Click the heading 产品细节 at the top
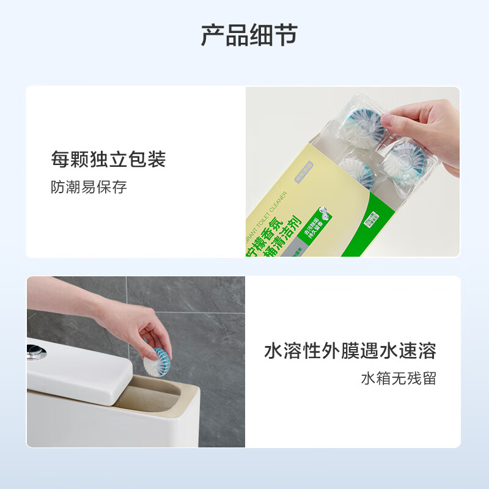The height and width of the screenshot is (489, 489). click(x=249, y=36)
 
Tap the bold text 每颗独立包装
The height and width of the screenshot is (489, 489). click(x=108, y=160)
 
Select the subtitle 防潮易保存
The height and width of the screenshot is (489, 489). click(x=89, y=187)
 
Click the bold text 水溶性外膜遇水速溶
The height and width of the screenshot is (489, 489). click(x=350, y=351)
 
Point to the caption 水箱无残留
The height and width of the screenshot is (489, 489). click(x=399, y=378)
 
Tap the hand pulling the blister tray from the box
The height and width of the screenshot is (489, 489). click(x=428, y=128)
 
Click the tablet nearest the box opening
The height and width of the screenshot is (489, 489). click(x=358, y=171)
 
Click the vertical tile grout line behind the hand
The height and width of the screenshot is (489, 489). click(x=127, y=293)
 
